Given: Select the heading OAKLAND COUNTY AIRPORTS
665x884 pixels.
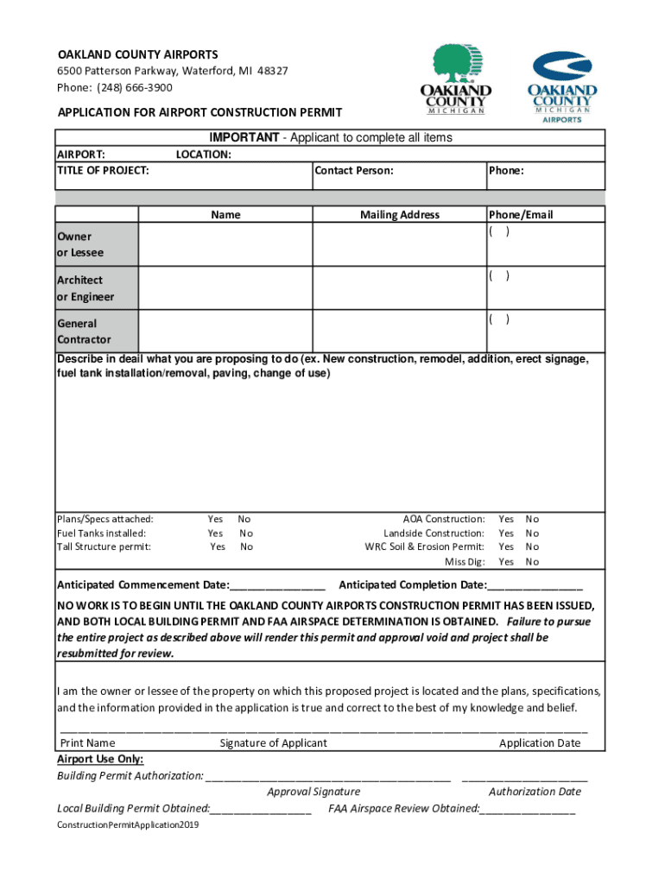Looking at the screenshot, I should pyautogui.click(x=137, y=54).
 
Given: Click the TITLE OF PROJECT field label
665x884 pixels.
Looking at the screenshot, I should pyautogui.click(x=103, y=171).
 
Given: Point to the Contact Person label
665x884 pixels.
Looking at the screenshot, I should pyautogui.click(x=354, y=171).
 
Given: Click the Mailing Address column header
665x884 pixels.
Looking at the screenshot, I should pyautogui.click(x=399, y=215).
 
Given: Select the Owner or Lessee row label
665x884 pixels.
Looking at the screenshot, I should pyautogui.click(x=80, y=244).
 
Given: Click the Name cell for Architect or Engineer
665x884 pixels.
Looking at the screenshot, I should pyautogui.click(x=225, y=288).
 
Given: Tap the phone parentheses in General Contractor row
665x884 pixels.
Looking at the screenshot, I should pyautogui.click(x=499, y=319).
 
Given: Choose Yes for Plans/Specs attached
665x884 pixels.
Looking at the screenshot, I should pyautogui.click(x=215, y=519).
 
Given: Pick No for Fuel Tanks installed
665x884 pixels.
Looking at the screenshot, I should pyautogui.click(x=245, y=534).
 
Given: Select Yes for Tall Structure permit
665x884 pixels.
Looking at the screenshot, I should pyautogui.click(x=217, y=546).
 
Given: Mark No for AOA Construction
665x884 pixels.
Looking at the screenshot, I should pyautogui.click(x=532, y=519).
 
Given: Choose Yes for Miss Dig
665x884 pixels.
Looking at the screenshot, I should pyautogui.click(x=506, y=562).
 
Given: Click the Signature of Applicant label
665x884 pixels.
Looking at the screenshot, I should pyautogui.click(x=273, y=743).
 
